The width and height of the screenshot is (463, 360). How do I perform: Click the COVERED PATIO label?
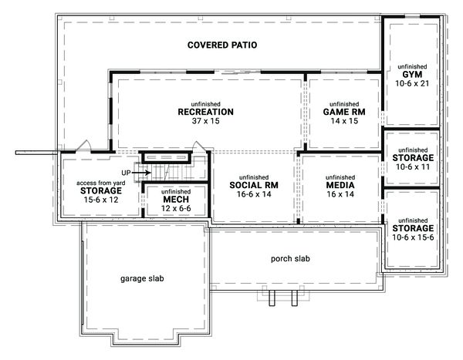coord(221,45)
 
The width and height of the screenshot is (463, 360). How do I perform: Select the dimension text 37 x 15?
coord(205,122)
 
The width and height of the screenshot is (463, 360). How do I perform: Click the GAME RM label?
coord(343,112)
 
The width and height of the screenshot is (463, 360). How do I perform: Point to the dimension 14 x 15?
coord(343,122)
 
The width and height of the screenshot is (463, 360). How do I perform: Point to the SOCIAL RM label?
coord(253,186)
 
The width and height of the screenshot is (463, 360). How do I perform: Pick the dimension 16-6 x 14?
coord(253,196)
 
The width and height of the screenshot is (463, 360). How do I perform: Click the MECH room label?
coord(171,199)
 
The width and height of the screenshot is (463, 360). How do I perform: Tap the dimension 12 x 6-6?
coord(171,209)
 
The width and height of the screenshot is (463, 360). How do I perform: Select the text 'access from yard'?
coord(100,183)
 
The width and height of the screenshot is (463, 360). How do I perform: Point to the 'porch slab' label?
coord(289,259)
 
